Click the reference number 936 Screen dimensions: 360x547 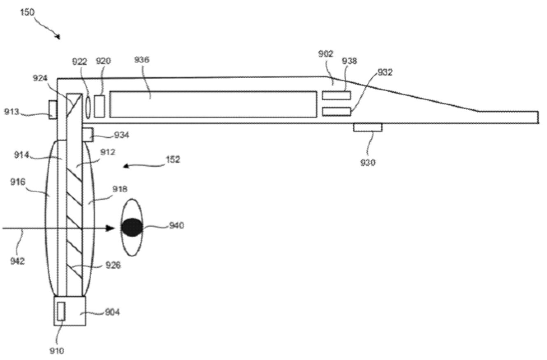click(x=142, y=60)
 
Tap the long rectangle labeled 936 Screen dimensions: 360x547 click(x=213, y=104)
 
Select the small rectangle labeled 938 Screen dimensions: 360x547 click(x=336, y=96)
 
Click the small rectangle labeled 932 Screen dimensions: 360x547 click(x=336, y=111)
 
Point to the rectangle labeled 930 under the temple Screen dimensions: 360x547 click(x=368, y=127)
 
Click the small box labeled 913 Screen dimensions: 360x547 click(x=53, y=110)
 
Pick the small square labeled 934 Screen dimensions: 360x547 click(x=87, y=135)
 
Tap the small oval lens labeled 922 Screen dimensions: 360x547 click(x=88, y=106)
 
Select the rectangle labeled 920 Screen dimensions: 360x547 click(x=100, y=106)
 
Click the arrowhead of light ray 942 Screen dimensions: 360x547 click(x=110, y=228)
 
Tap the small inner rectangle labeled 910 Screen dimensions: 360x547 click(x=61, y=312)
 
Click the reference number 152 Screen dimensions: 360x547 click(x=173, y=159)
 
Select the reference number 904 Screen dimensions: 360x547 click(x=112, y=312)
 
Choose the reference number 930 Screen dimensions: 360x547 click(x=368, y=163)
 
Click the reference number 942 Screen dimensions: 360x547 click(x=17, y=260)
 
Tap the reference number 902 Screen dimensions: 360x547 click(x=326, y=53)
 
